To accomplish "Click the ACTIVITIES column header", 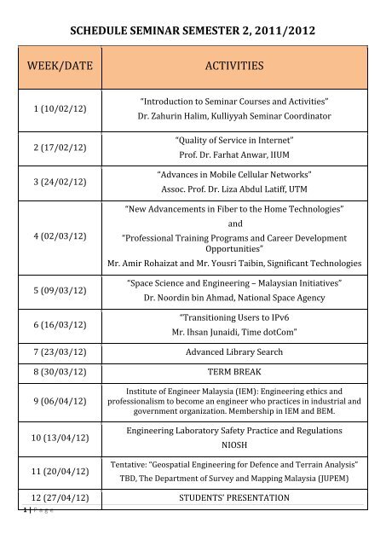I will pyautogui.click(x=233, y=65).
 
